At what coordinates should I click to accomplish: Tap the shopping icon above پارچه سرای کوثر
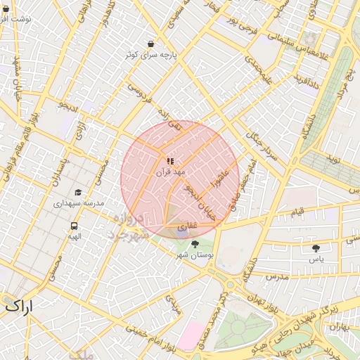click(x=150, y=44)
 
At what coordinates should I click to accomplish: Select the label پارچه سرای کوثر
click(x=150, y=55)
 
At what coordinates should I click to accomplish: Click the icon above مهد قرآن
click(x=170, y=161)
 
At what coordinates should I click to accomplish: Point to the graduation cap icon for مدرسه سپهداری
click(x=77, y=192)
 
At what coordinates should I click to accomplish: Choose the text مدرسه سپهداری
click(x=78, y=202)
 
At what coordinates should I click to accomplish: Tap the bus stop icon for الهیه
click(x=74, y=226)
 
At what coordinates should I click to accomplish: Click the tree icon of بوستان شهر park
click(x=195, y=244)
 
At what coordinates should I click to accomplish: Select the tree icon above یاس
click(x=316, y=248)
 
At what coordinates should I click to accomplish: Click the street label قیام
click(x=298, y=211)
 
